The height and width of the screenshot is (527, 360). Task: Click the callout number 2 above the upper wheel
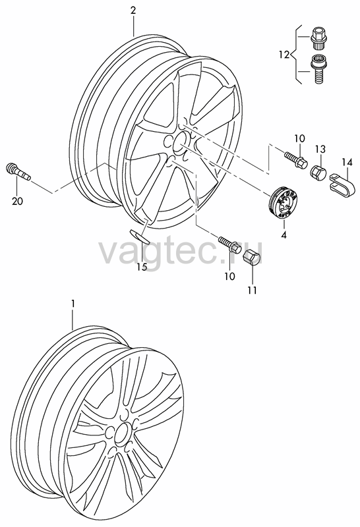[133, 11]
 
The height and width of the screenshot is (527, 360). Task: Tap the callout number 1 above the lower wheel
[73, 304]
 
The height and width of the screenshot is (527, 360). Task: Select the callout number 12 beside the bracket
[284, 55]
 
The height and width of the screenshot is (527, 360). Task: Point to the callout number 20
[18, 202]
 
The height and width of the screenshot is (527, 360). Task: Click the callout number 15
[142, 258]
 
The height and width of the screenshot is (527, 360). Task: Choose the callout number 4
[284, 235]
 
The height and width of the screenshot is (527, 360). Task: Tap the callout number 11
[252, 290]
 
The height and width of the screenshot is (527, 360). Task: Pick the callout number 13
[320, 149]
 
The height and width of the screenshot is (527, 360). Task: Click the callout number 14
[347, 163]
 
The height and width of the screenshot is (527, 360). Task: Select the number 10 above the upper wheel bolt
[299, 138]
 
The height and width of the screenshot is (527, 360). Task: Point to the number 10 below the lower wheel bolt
[230, 276]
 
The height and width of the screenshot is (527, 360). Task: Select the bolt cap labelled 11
[253, 258]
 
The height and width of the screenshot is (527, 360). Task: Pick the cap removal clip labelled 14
[341, 184]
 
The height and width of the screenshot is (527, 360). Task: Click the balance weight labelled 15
[140, 236]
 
